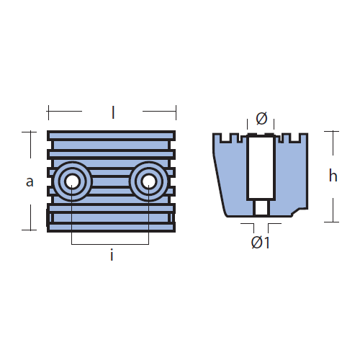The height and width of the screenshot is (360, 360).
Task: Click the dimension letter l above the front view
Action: point(113,112)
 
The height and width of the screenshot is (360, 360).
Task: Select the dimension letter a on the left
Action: point(30,181)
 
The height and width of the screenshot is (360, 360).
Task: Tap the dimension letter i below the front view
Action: point(112,255)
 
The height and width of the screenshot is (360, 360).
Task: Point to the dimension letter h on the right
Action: point(333,176)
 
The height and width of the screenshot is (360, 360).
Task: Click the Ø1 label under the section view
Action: point(261,243)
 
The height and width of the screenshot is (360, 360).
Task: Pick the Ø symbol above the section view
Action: point(261,118)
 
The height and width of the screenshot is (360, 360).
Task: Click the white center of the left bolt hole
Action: point(72,181)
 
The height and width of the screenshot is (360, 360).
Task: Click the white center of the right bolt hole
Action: point(148,181)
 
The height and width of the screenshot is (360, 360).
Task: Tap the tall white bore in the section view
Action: point(261,167)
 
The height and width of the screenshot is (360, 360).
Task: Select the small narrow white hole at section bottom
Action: point(261,207)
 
